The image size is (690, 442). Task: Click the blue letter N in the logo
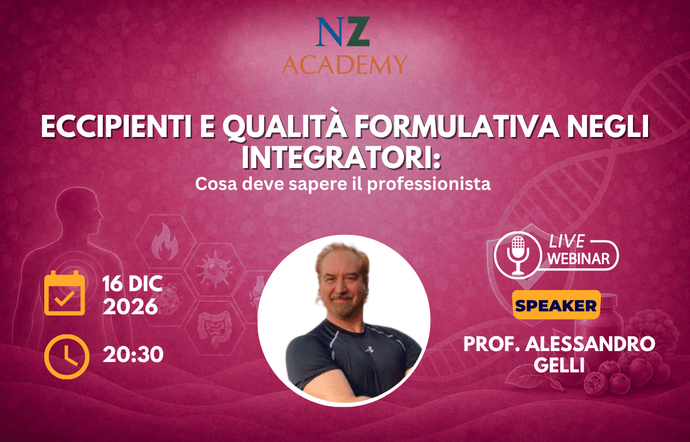[329, 32]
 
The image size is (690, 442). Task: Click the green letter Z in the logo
[357, 32]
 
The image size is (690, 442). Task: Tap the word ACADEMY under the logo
[344, 64]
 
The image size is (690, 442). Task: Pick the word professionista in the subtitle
[429, 185]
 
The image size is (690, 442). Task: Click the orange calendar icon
[64, 293]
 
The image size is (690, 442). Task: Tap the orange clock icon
[67, 357]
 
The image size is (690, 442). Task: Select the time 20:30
[133, 355]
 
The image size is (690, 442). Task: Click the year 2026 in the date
[131, 307]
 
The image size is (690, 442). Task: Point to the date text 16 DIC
[132, 284]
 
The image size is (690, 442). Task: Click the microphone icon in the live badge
[518, 255]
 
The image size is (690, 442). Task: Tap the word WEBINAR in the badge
[578, 258]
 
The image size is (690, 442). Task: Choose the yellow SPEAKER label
[557, 305]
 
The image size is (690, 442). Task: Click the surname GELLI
[559, 365]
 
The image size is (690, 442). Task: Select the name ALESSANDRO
[590, 344]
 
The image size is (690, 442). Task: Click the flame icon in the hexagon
[165, 242]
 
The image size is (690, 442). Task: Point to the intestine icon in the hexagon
[214, 328]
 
